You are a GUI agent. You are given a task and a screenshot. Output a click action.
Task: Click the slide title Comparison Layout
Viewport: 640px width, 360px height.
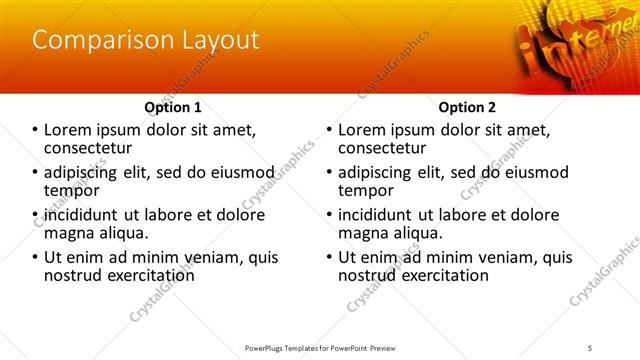(146, 41)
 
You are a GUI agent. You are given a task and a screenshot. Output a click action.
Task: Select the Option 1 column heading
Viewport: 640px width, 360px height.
(173, 107)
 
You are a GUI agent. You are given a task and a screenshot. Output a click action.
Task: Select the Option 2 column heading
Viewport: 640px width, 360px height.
(466, 107)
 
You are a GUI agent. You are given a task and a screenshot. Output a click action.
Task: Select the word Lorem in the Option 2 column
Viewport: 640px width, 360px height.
(363, 130)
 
